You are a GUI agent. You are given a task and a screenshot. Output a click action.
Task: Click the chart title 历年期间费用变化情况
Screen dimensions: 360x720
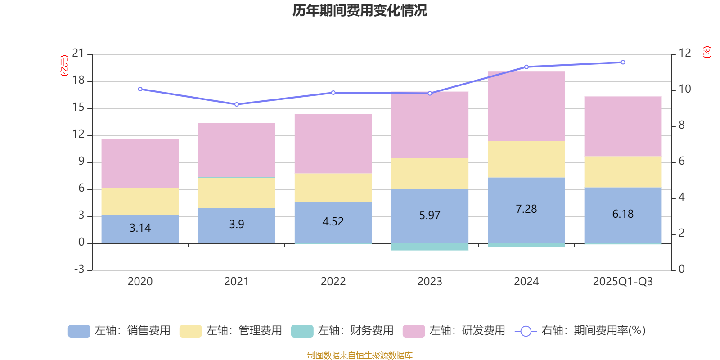tap(360, 10)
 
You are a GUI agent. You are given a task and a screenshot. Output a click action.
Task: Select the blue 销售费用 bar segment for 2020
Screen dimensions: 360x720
tap(140, 229)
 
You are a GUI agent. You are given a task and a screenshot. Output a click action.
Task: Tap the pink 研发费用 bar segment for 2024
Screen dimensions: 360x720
tap(526, 106)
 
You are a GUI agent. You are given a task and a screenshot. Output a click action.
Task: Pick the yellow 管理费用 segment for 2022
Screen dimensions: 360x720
tap(333, 188)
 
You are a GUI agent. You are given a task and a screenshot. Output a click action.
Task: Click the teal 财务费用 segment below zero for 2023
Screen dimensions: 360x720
tap(430, 247)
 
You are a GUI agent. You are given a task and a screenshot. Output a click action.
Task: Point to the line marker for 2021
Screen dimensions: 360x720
tap(237, 104)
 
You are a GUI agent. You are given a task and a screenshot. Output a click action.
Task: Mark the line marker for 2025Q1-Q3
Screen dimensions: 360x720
tap(623, 63)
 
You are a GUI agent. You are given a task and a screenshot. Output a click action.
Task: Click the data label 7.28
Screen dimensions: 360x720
tap(526, 209)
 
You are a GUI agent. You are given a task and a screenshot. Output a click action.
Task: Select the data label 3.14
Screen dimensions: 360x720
tap(140, 228)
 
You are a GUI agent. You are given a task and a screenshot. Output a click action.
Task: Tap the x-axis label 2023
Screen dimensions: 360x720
tap(430, 282)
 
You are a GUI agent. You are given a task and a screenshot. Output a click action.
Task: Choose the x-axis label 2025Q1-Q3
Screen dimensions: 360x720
tap(623, 282)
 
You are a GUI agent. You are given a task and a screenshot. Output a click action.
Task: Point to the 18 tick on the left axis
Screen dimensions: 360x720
tap(79, 81)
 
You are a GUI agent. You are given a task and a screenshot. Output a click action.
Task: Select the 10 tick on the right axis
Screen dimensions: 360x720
tap(684, 89)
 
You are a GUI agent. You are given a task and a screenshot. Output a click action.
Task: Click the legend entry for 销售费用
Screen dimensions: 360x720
tap(119, 331)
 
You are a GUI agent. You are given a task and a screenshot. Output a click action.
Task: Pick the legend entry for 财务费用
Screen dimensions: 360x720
tap(342, 331)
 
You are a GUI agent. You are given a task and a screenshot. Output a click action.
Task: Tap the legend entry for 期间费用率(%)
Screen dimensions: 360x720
tap(580, 331)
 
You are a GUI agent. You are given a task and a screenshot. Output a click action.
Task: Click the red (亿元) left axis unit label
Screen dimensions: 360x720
tap(64, 66)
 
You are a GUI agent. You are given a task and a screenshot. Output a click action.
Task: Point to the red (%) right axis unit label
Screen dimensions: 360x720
tap(706, 52)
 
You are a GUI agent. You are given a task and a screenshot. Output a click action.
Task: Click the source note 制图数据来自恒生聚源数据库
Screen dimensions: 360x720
tap(360, 355)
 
